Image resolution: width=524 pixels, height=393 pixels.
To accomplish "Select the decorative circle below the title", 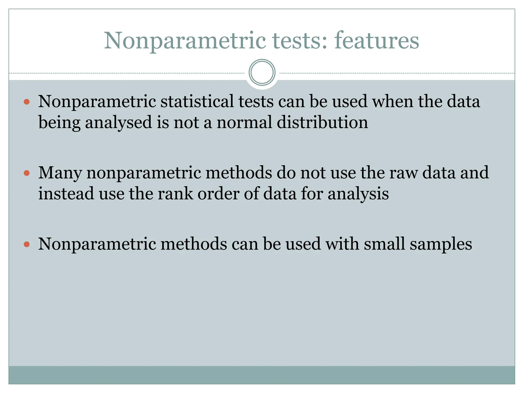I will click(x=262, y=72).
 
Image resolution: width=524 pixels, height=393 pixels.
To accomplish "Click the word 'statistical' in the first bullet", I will click(x=197, y=101).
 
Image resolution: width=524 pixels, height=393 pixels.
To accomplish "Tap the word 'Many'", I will click(x=60, y=173).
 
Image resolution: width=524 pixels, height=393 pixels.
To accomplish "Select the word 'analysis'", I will click(x=358, y=194).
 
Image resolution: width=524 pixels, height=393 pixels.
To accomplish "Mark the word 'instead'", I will click(x=66, y=193).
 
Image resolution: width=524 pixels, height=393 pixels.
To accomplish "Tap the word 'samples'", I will click(x=441, y=244).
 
